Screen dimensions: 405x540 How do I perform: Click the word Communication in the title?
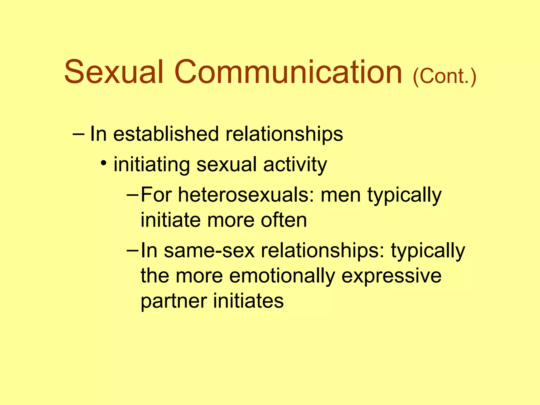[x=288, y=72]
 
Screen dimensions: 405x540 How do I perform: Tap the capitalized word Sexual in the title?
[x=114, y=72]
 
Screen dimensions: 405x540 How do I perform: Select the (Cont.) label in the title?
[x=444, y=76]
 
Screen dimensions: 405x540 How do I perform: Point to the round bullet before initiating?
[x=104, y=163]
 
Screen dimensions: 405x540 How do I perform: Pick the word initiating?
[x=152, y=165]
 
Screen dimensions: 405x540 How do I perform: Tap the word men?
[x=340, y=195]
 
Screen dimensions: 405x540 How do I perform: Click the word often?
[x=284, y=220]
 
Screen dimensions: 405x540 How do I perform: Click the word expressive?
[x=391, y=276]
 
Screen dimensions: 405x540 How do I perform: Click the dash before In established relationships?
[x=78, y=134]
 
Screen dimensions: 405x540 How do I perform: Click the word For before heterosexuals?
[x=156, y=195]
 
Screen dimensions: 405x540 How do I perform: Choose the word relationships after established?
[x=284, y=134]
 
